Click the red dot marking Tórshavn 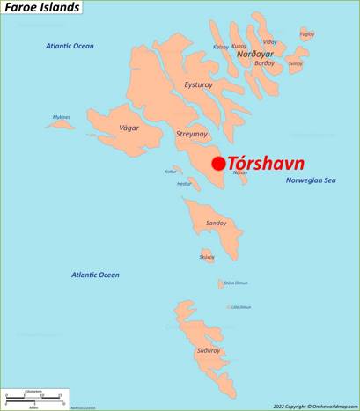point(218,164)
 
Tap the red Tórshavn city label point(267,163)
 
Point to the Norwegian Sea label point(311,180)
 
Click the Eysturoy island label point(198,84)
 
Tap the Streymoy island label point(191,135)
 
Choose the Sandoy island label point(216,224)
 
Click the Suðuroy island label point(209,350)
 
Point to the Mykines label point(62,117)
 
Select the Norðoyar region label point(255,55)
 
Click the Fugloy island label point(307,34)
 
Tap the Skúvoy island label point(207,256)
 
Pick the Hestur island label point(184,184)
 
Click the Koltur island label point(171,172)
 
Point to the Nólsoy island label point(240,172)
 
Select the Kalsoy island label point(220,46)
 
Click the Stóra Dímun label point(236,283)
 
